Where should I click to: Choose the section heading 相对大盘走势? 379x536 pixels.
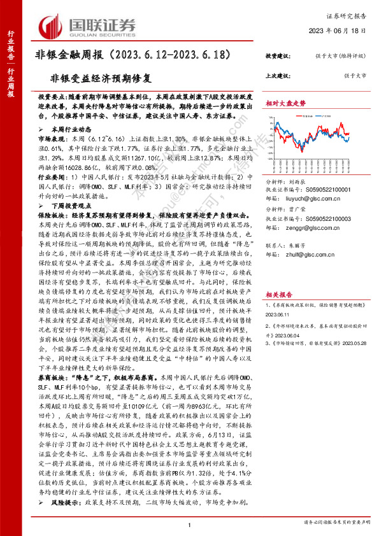click(285, 102)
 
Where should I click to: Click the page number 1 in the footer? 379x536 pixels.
click(189, 523)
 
